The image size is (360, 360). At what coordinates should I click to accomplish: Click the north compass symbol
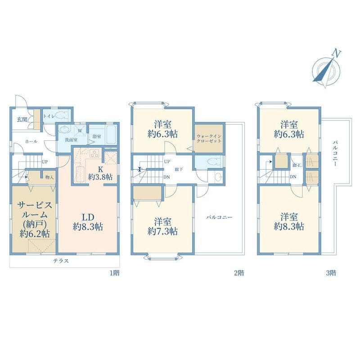[328, 68]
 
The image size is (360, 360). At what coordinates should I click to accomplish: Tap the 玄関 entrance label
[22, 119]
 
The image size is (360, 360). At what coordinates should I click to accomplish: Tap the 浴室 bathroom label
[96, 136]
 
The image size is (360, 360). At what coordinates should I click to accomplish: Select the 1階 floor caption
[114, 273]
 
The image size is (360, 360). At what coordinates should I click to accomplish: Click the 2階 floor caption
[239, 273]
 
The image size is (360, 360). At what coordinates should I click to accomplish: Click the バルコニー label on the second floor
[219, 217]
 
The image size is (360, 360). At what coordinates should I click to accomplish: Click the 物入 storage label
[49, 177]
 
